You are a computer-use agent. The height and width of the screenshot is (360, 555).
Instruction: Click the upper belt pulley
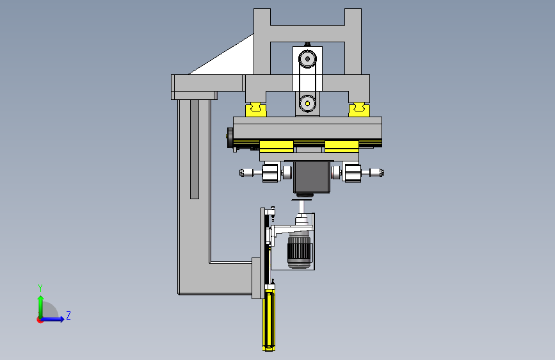pos(307,59)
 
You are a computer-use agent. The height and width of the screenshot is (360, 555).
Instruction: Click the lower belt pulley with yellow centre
pos(307,104)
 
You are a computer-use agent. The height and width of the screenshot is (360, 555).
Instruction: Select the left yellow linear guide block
pos(256,109)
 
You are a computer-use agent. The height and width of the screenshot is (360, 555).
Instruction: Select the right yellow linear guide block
pos(359,109)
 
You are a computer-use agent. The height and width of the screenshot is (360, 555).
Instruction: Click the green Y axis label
pos(40,288)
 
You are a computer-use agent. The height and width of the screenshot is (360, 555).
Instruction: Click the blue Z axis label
pos(68,315)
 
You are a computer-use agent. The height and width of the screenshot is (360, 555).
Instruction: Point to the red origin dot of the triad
pos(40,320)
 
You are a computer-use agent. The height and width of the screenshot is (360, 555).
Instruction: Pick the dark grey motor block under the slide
pos(312,177)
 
